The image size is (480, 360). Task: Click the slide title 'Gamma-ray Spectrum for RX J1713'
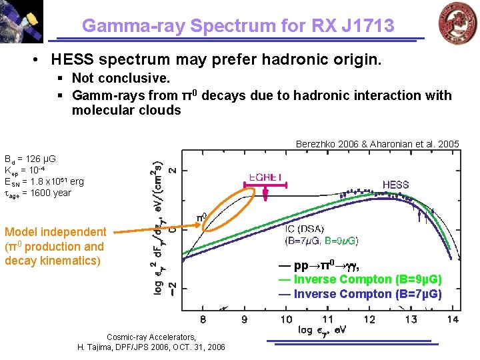(238, 26)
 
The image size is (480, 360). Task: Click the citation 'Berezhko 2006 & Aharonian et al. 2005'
(377, 144)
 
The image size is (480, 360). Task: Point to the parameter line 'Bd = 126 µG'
(30, 159)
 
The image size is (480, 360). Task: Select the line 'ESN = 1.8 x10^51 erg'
(44, 181)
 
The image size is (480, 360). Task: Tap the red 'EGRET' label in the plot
(265, 177)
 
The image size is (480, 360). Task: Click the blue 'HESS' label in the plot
(395, 184)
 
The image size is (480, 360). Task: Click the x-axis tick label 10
(286, 320)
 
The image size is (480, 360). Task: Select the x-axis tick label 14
(453, 320)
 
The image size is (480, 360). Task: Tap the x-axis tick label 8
(203, 320)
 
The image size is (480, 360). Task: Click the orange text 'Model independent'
(55, 232)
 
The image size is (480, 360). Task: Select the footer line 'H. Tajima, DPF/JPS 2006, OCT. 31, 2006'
(151, 347)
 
